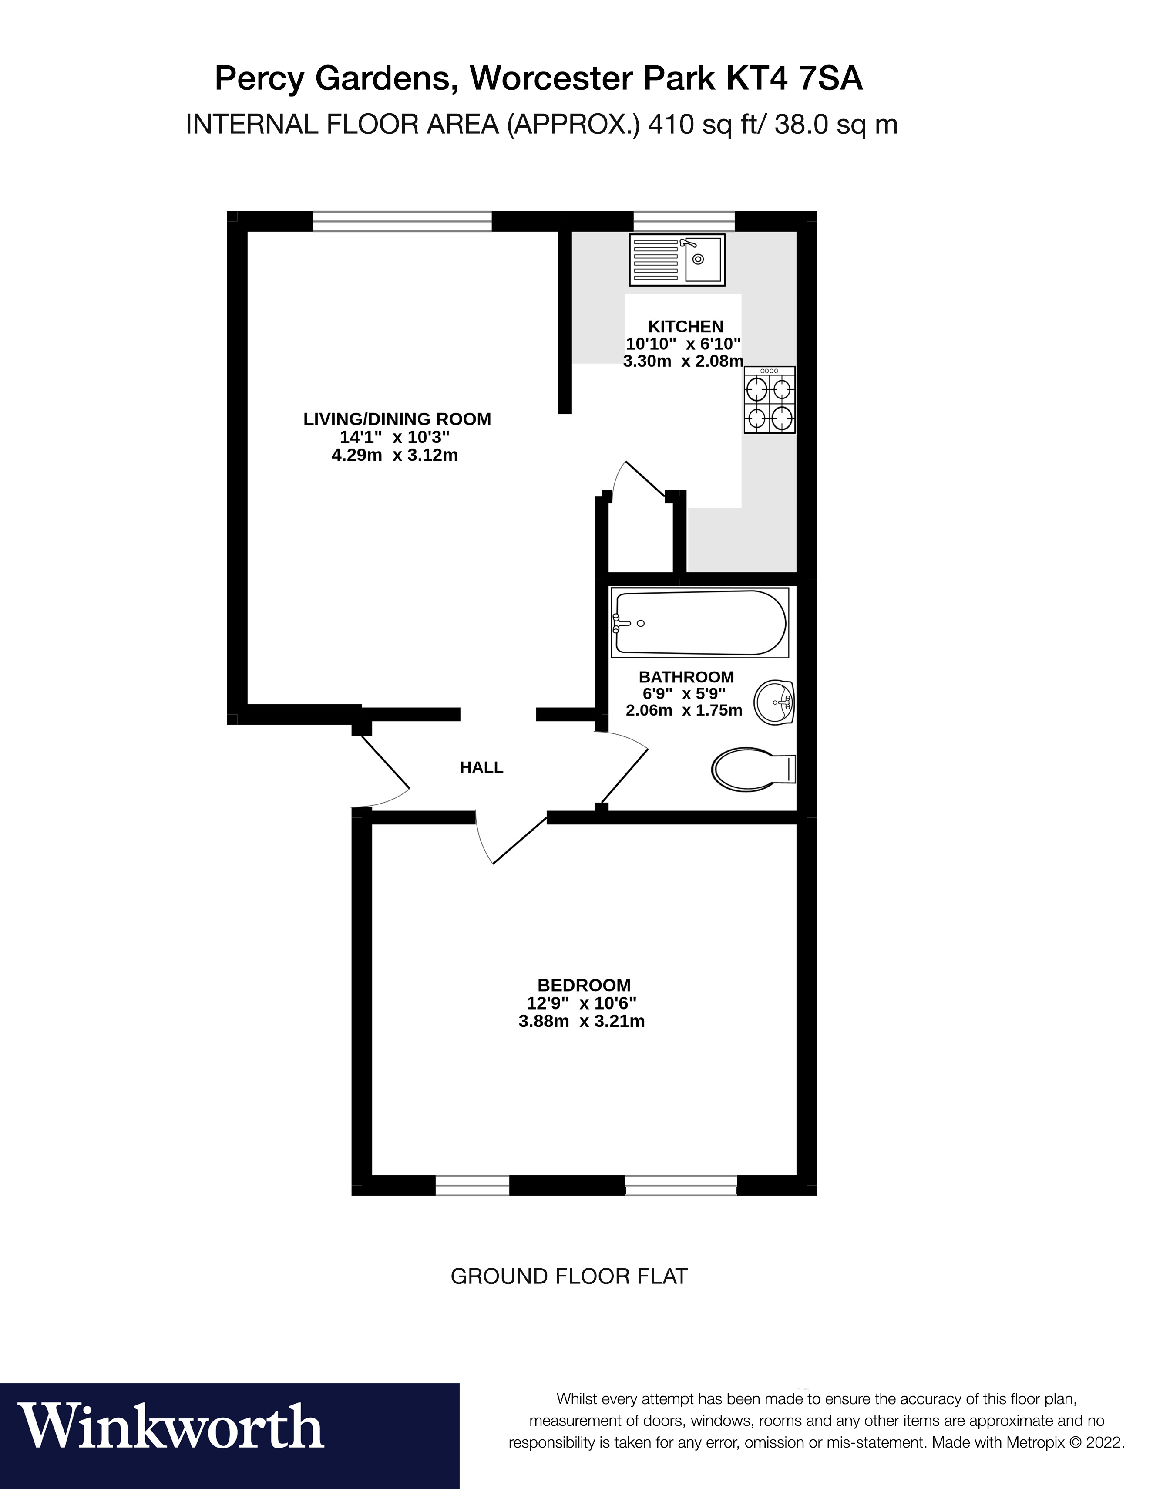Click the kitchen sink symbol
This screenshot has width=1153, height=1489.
(677, 260)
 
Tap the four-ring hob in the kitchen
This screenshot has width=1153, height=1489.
(770, 400)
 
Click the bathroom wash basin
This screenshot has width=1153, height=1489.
(775, 702)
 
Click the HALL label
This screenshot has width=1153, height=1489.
(481, 768)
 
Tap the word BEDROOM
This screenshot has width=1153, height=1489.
(584, 985)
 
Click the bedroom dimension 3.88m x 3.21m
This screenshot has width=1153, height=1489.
(581, 1021)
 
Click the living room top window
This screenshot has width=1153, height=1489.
(402, 222)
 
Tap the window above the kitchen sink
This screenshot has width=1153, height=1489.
(684, 222)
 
